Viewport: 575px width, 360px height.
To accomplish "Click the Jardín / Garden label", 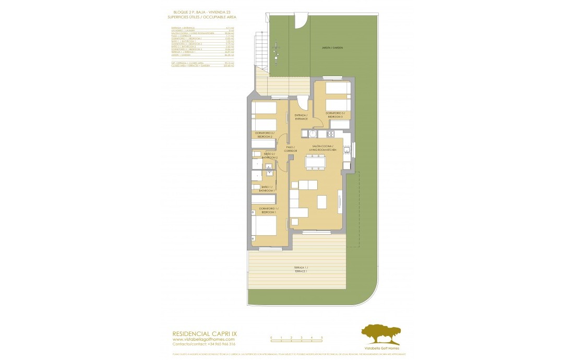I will (x=332, y=48).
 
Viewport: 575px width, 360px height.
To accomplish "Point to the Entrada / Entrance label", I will (x=301, y=117).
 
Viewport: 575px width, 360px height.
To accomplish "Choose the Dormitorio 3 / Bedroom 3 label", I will (x=334, y=115).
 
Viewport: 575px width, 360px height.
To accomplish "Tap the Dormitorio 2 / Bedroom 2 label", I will (x=265, y=135).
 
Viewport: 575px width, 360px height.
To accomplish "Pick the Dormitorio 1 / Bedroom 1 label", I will (x=265, y=211).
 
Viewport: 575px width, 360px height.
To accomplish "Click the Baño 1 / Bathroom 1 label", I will (x=266, y=189).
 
